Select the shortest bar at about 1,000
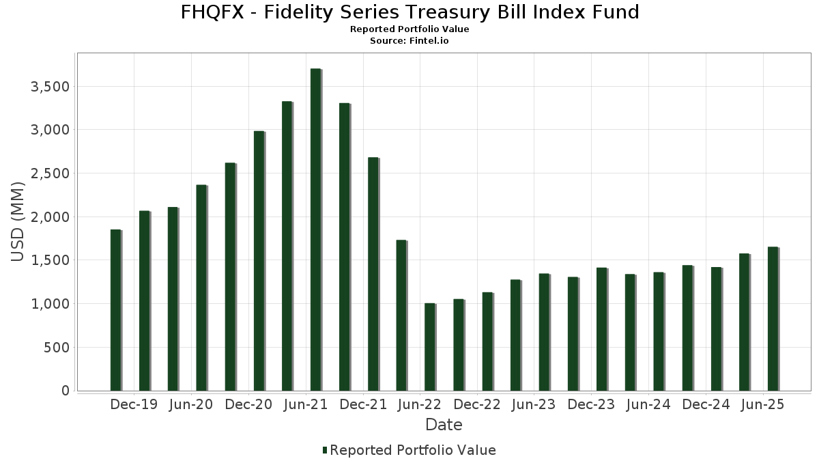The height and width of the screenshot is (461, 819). [429, 347]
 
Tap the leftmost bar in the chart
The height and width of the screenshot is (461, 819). [115, 310]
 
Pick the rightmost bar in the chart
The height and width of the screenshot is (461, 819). [773, 319]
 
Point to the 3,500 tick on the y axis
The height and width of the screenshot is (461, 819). [51, 87]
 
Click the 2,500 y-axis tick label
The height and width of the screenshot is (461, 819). [51, 173]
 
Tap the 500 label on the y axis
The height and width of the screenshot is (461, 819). [57, 348]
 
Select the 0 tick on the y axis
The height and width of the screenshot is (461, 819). [66, 391]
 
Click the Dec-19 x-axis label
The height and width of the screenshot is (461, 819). [134, 404]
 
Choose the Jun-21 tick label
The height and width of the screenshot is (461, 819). [305, 404]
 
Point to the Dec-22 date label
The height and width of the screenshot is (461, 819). [477, 404]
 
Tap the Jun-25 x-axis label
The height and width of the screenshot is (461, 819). [762, 404]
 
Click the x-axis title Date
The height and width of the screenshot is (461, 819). [444, 425]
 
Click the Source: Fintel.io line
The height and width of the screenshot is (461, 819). [409, 41]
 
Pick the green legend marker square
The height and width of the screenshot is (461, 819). [325, 450]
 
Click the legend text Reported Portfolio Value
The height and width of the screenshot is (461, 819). [413, 450]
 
